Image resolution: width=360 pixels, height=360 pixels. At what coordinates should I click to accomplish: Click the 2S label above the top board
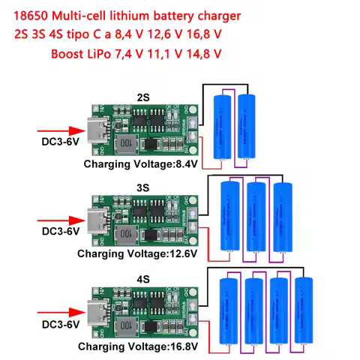pos(143,97)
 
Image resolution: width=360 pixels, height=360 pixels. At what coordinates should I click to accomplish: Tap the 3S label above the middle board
pos(143,185)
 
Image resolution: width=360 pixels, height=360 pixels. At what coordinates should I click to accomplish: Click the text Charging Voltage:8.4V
pos(139,163)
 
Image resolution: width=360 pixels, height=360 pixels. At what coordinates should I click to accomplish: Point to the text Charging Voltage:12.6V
pos(137,253)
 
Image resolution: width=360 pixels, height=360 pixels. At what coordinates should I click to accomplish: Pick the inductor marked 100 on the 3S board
pos(127,234)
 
